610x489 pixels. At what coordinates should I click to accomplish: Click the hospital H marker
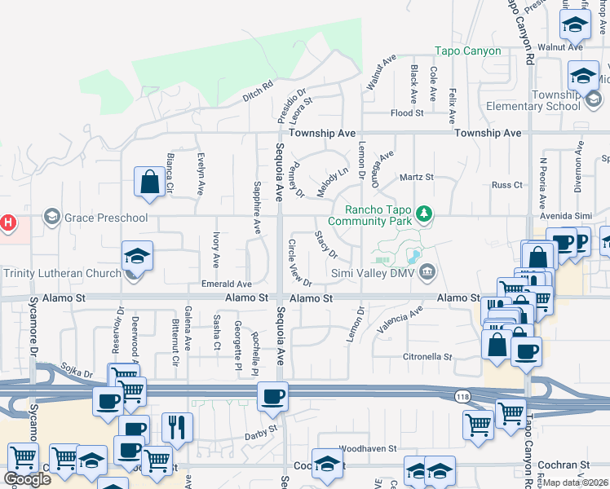[8, 222]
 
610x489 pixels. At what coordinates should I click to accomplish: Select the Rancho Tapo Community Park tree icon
[423, 214]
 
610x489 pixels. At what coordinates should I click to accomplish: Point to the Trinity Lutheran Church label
[60, 273]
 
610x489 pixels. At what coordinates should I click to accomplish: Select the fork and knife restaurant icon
[177, 425]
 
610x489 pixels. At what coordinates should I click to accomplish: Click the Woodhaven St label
[367, 448]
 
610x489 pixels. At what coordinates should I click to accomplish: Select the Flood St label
[407, 113]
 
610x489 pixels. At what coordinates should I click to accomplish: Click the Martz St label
[416, 177]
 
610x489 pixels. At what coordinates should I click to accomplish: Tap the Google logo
[27, 479]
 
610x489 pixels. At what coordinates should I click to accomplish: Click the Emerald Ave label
[225, 284]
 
